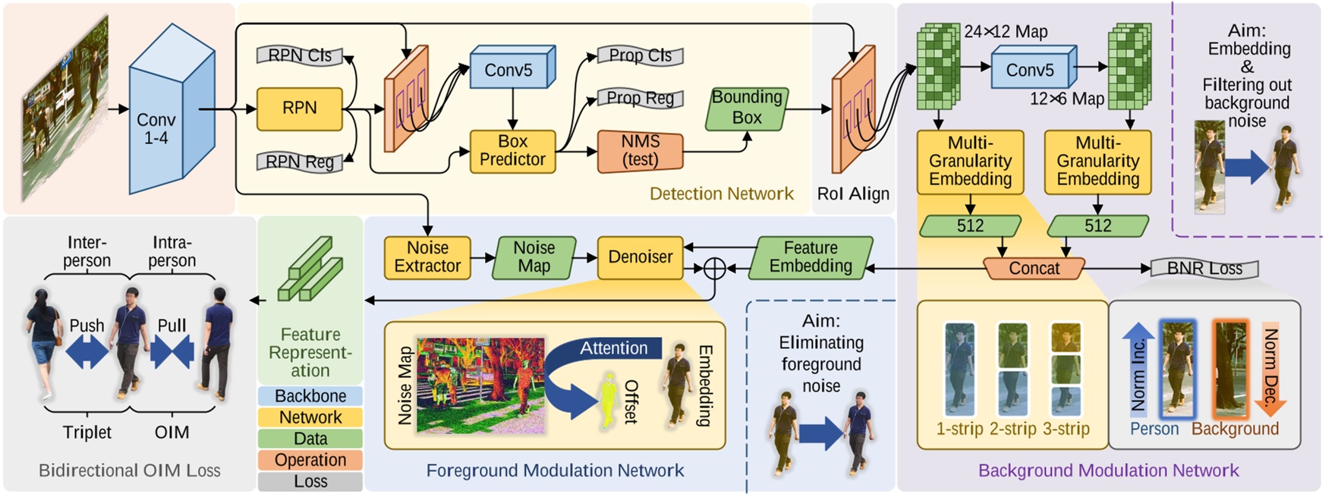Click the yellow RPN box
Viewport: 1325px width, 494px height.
(299, 109)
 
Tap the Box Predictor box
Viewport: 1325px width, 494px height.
(512, 151)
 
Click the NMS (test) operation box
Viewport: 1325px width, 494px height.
(640, 151)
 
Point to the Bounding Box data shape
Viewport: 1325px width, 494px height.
(747, 108)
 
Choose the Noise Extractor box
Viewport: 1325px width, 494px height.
(427, 257)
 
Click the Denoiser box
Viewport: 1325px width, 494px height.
(640, 257)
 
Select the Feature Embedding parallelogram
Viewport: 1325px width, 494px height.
(810, 257)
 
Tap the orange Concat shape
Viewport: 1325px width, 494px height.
(1034, 269)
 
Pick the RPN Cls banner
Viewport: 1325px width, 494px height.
(300, 55)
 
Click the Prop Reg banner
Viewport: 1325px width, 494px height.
(640, 98)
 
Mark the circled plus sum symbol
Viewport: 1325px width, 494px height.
(714, 268)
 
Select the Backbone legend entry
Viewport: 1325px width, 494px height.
(310, 396)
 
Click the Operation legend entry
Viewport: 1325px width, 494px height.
(310, 460)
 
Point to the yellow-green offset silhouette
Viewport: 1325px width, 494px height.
(608, 401)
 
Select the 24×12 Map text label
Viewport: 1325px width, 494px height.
(1006, 32)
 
